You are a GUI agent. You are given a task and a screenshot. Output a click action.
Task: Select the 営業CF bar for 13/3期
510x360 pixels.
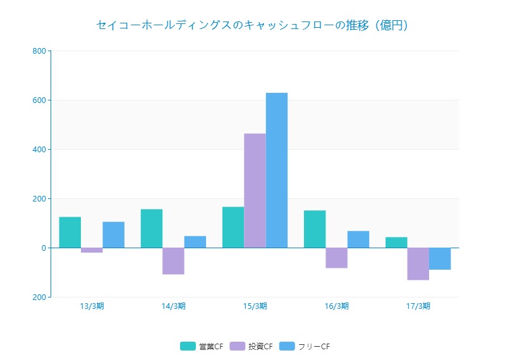pyautogui.click(x=70, y=232)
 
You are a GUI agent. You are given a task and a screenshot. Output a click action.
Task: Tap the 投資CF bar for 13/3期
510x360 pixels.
pyautogui.click(x=92, y=250)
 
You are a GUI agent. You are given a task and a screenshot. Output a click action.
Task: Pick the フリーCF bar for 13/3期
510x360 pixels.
pyautogui.click(x=114, y=235)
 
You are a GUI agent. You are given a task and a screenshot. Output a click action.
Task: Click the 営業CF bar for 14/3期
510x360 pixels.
pyautogui.click(x=152, y=229)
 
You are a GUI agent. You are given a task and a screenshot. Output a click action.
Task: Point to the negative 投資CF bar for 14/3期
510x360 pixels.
pyautogui.click(x=173, y=261)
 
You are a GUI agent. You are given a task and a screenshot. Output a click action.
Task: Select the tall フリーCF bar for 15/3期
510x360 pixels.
pyautogui.click(x=277, y=171)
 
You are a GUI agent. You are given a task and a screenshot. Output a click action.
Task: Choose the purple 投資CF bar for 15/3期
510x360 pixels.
pyautogui.click(x=255, y=191)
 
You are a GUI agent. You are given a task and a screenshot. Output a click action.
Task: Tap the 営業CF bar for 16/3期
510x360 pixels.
pyautogui.click(x=315, y=229)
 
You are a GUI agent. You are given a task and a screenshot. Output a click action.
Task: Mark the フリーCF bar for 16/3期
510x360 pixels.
pyautogui.click(x=358, y=239)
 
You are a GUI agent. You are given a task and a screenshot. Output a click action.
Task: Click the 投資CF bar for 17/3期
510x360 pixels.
pyautogui.click(x=418, y=264)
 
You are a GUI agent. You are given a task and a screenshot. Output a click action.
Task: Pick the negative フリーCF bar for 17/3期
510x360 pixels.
pyautogui.click(x=440, y=259)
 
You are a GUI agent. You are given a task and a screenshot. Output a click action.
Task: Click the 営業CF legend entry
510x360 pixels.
pyautogui.click(x=202, y=346)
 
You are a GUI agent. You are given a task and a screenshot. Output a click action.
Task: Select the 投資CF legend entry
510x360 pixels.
pyautogui.click(x=252, y=346)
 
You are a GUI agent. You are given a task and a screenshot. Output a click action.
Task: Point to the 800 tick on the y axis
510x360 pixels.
pyautogui.click(x=39, y=51)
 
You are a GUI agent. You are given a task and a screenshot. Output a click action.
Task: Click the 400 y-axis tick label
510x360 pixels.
pyautogui.click(x=39, y=150)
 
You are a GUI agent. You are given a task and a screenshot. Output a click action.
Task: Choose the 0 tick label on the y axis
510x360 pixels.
pyautogui.click(x=43, y=248)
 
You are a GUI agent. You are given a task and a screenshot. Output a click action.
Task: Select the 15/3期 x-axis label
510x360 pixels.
pyautogui.click(x=255, y=306)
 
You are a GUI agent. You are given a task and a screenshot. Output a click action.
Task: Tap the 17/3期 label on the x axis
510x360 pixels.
pyautogui.click(x=418, y=306)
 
